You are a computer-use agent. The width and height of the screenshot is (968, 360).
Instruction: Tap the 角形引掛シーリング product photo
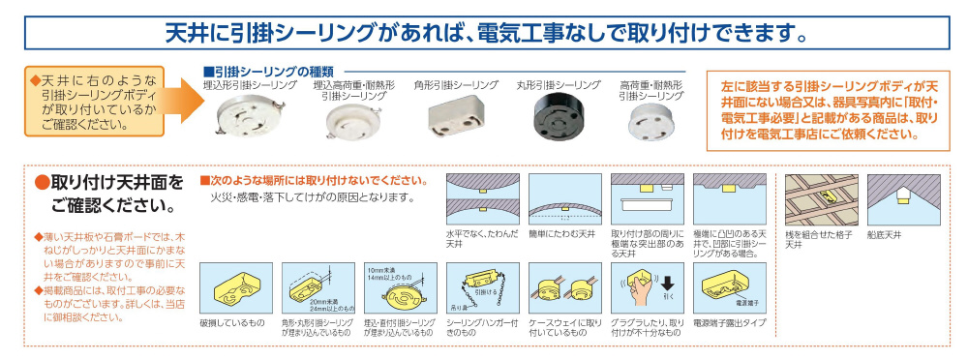point(453,121)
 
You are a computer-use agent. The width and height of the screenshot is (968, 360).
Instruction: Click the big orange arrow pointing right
point(180,102)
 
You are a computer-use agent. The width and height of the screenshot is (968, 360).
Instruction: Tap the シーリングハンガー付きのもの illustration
point(480,286)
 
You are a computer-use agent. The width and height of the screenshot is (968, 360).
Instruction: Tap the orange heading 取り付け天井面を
point(108,182)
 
